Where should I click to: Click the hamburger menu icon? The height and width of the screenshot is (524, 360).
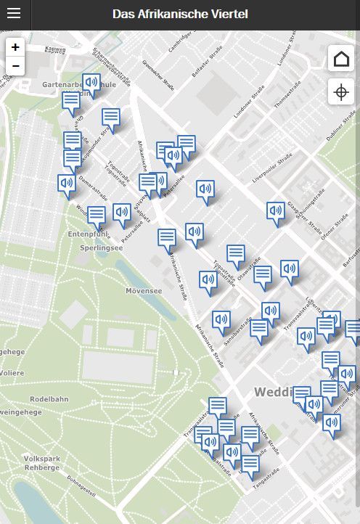[15, 14]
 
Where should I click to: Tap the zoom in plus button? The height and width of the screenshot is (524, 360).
[15, 46]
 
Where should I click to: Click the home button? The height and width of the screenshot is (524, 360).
[340, 59]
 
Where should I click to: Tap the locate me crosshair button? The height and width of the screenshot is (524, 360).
[340, 92]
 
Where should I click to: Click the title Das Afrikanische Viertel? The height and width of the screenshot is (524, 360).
[180, 14]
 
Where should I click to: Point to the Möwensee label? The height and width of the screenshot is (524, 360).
[144, 290]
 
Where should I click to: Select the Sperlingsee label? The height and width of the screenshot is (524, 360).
[102, 247]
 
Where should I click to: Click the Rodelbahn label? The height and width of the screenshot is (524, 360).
[49, 399]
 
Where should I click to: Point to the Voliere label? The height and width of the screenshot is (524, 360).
[12, 372]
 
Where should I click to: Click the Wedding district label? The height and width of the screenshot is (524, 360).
[273, 392]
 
